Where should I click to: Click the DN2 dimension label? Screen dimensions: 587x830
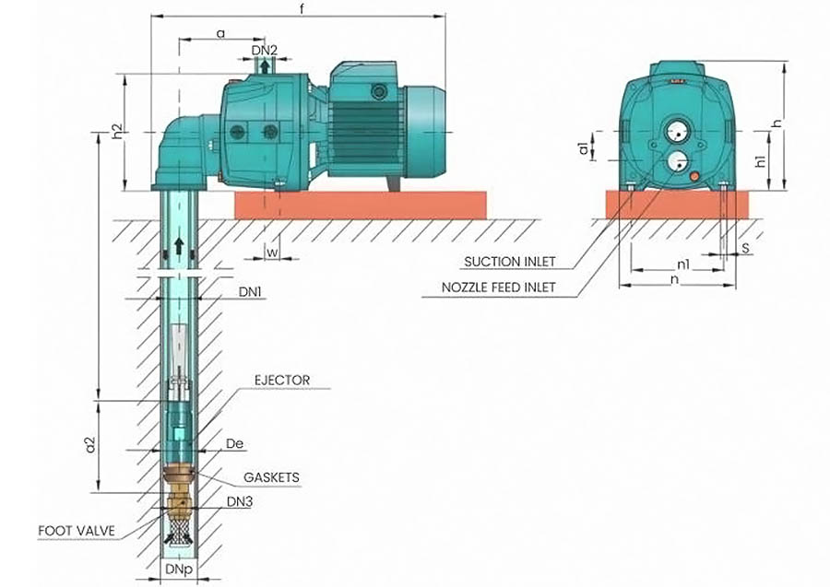click(x=264, y=50)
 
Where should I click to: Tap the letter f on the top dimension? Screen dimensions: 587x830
click(x=303, y=8)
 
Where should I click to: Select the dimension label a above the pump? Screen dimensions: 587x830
click(x=220, y=33)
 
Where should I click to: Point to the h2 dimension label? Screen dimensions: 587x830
click(x=117, y=133)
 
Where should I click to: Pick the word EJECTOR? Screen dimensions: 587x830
click(x=284, y=380)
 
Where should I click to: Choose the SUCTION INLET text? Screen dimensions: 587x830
click(x=510, y=261)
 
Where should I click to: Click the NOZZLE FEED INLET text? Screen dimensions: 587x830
click(x=499, y=287)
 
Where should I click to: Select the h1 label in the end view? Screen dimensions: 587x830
click(x=761, y=162)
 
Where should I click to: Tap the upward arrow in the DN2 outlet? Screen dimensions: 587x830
click(x=265, y=66)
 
